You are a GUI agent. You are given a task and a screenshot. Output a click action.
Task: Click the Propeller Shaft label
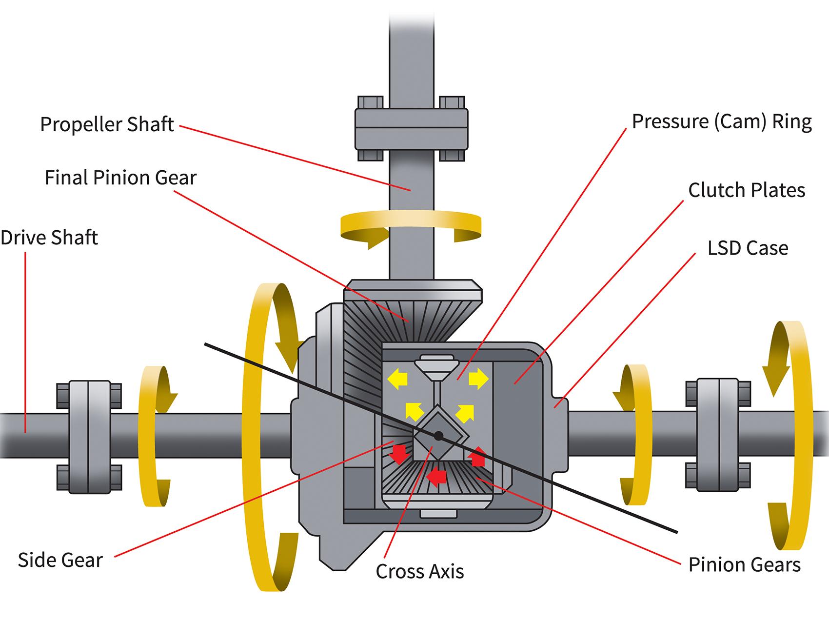click(107, 124)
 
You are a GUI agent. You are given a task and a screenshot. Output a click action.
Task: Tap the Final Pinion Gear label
click(120, 178)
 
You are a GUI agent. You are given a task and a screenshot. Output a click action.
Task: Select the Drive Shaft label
click(49, 238)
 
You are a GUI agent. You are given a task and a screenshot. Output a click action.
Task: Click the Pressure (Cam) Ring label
click(722, 121)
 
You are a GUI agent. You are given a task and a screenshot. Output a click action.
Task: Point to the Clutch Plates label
click(746, 190)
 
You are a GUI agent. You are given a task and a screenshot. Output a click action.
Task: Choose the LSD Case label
click(748, 248)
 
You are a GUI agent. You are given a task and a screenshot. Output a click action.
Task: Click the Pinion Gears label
click(744, 564)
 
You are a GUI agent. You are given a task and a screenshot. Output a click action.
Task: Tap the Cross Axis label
click(419, 571)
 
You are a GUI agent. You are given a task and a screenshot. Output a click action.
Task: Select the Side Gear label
click(60, 560)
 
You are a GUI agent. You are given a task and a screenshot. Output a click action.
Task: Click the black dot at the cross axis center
click(439, 435)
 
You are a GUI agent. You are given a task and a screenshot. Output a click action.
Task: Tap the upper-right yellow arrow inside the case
click(478, 379)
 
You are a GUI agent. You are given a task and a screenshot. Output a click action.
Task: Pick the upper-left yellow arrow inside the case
click(397, 379)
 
